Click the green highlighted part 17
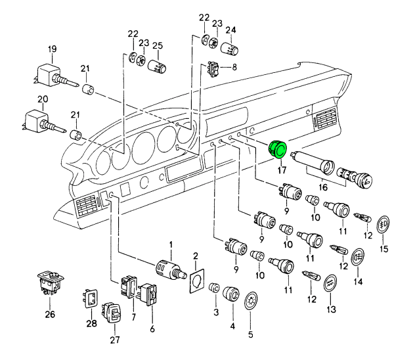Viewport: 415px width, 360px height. [x=278, y=150]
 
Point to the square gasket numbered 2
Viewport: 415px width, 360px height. [x=196, y=279]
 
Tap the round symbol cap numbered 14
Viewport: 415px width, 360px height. [x=358, y=257]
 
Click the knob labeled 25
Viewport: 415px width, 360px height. [x=158, y=66]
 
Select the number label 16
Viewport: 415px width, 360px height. [x=322, y=187]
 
